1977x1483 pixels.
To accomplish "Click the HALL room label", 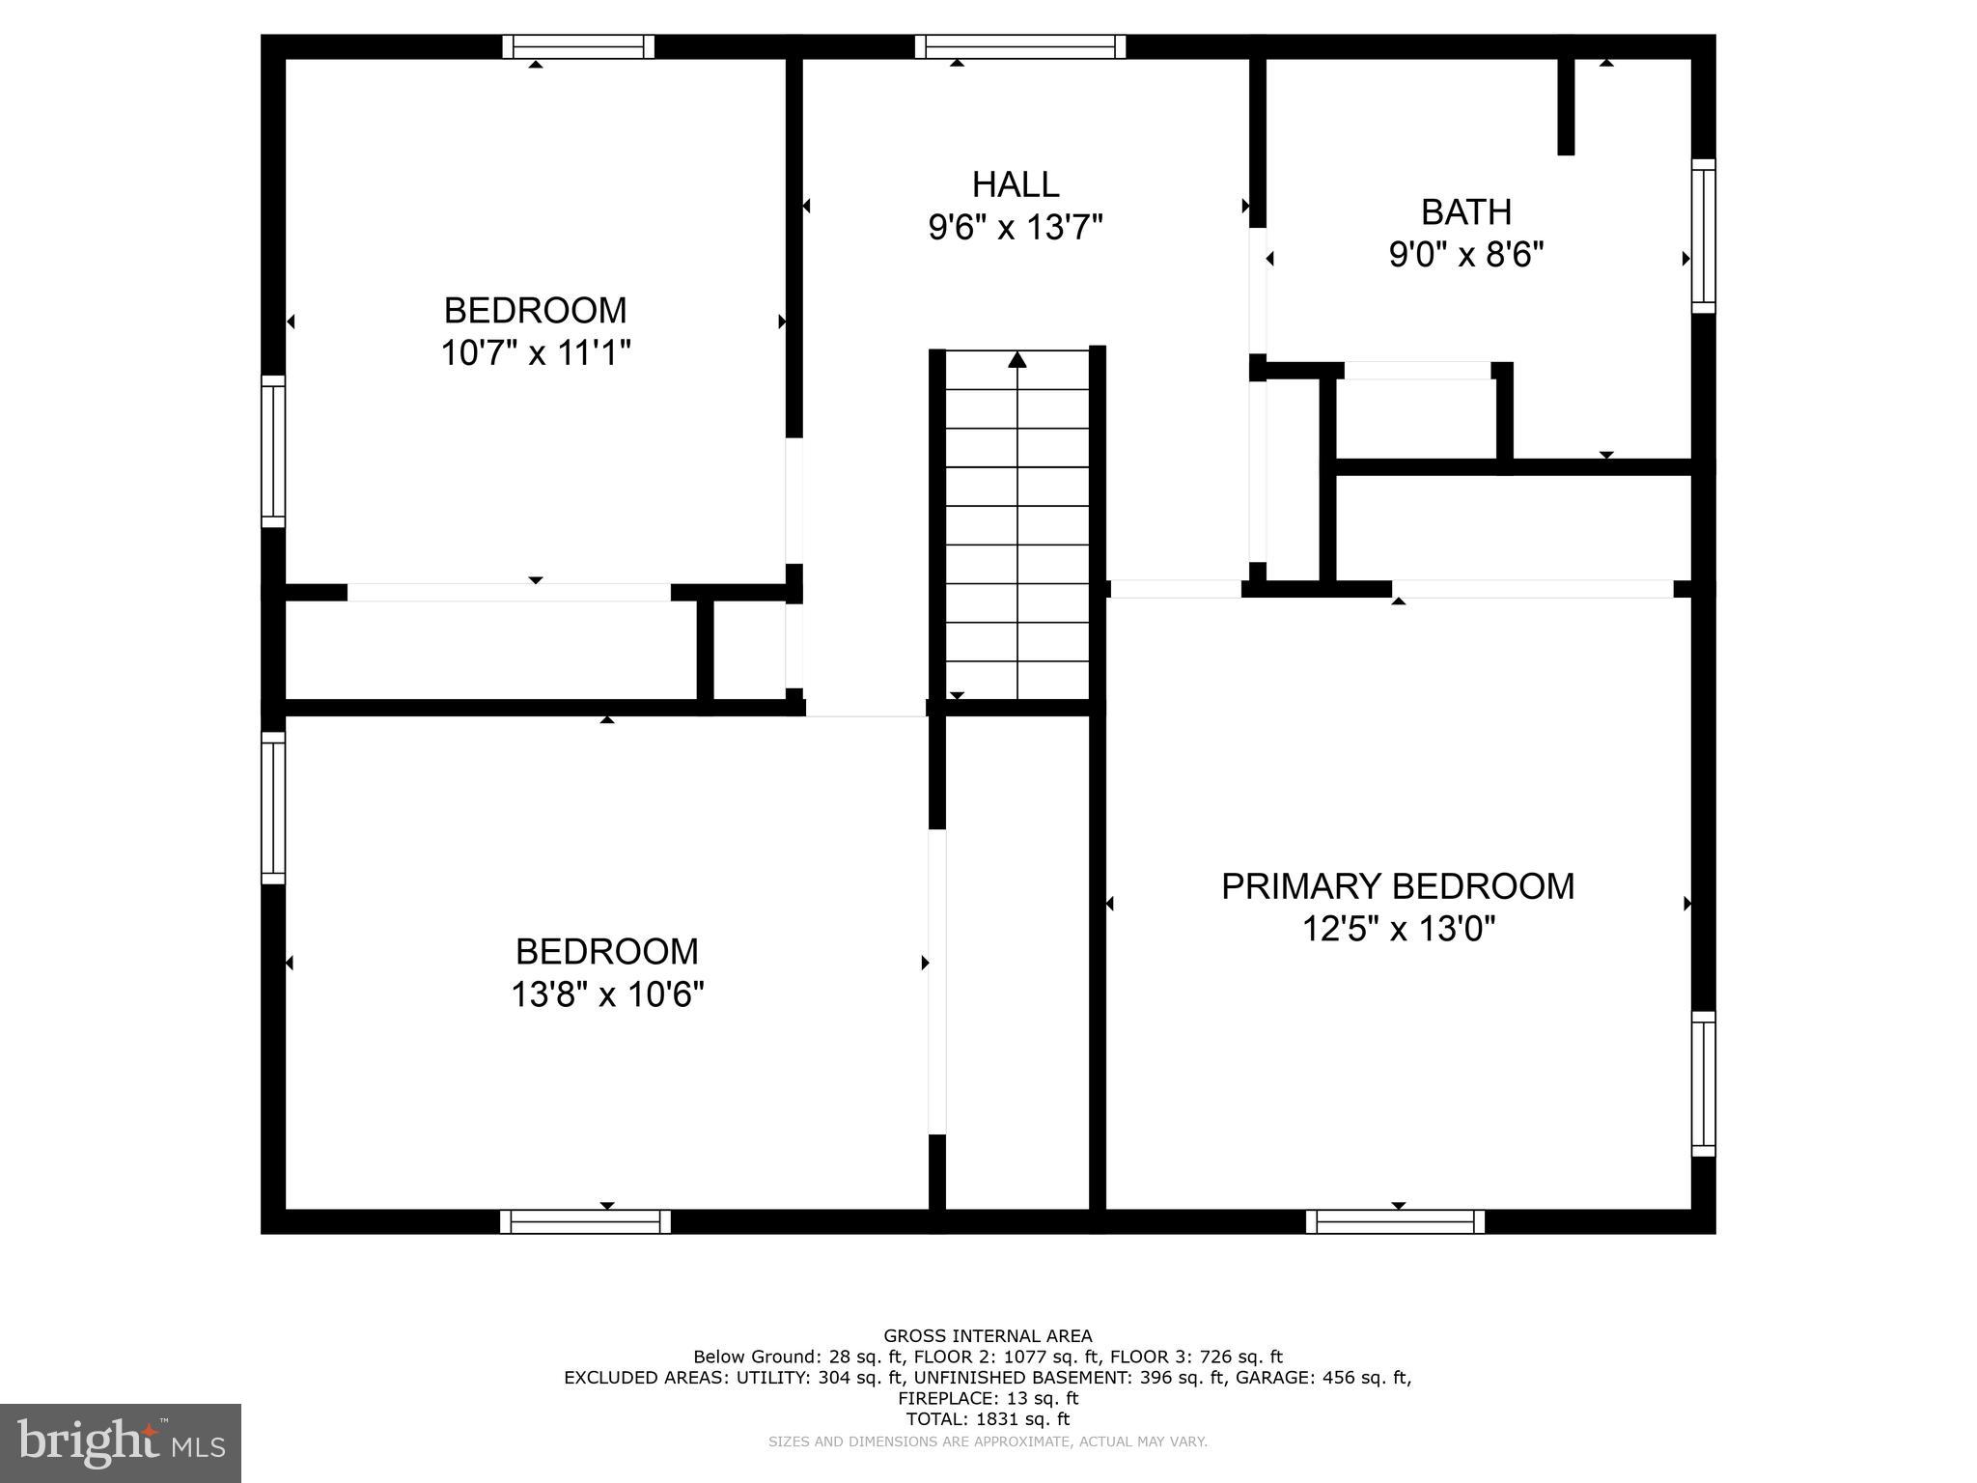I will point(1015,183).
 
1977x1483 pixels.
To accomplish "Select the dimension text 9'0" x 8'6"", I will point(1465,255).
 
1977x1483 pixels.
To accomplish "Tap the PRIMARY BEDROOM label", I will point(1397,885).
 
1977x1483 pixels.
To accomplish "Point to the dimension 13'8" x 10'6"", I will point(607,993).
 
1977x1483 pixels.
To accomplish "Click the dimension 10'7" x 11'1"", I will point(536,352).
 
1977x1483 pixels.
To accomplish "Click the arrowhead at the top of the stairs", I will point(1016,360).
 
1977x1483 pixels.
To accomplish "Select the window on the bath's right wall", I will point(1703,236).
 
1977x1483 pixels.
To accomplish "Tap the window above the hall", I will point(1020,46).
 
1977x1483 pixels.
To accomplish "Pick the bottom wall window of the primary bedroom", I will point(1395,1221).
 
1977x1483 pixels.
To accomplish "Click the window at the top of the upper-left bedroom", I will point(578,46).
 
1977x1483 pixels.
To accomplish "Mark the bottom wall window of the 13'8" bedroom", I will point(585,1221).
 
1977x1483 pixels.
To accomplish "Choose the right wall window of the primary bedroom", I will point(1703,1083).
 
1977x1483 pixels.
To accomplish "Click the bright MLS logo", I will point(121,1442).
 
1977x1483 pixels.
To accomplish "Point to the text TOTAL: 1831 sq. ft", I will point(987,1419).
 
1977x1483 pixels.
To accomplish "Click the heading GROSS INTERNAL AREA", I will point(988,1336).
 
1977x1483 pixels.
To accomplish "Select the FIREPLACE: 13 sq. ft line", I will point(988,1398).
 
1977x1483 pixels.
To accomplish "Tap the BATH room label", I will point(1465,211).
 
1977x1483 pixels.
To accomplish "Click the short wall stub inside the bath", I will point(1566,106).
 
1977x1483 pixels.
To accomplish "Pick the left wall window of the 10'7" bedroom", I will point(273,451).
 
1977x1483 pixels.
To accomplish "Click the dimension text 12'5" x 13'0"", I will point(1398,929).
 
